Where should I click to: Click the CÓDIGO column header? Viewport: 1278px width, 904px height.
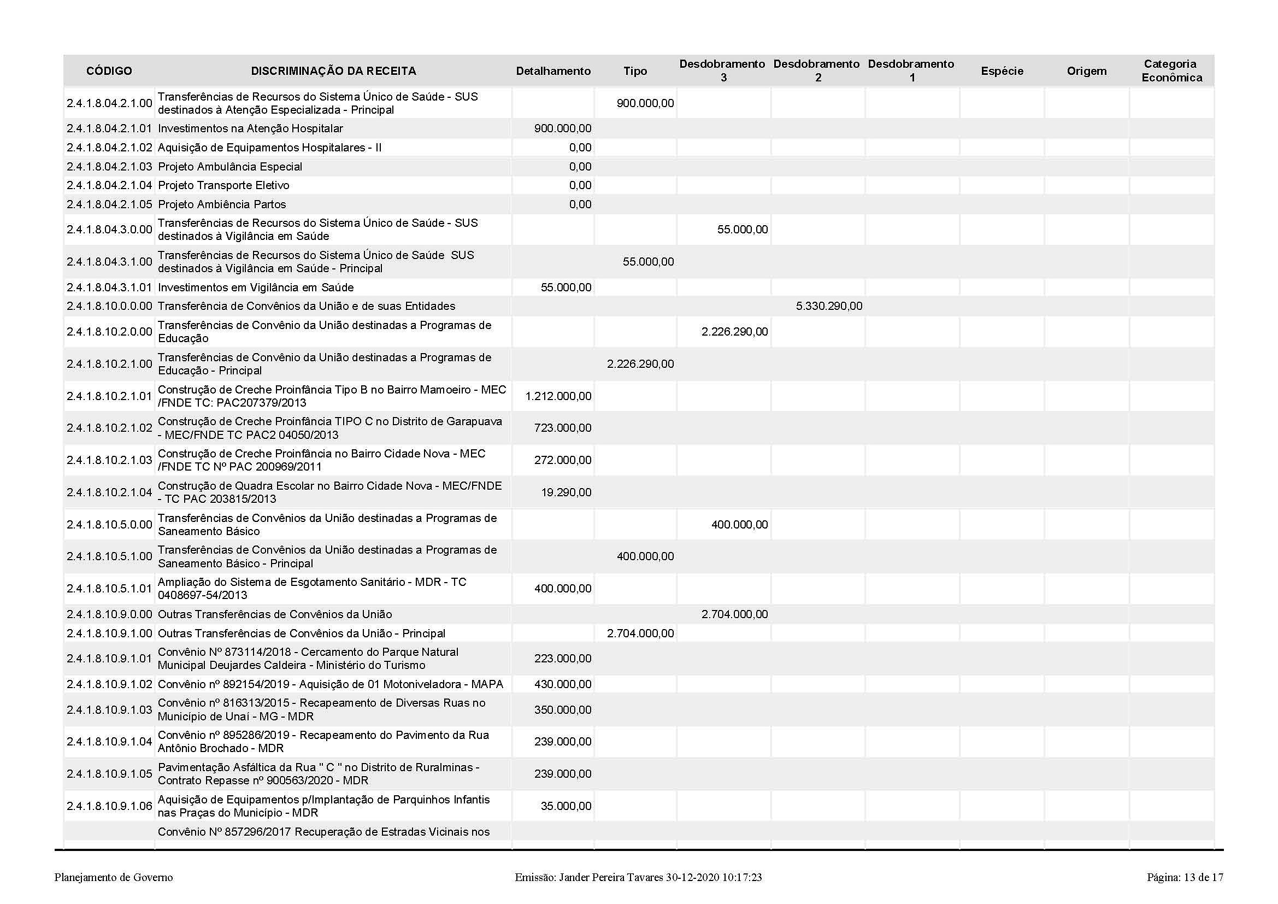coord(109,71)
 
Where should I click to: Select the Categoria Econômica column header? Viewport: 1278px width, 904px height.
coord(1171,71)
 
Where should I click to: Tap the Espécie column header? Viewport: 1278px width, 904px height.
coord(1002,71)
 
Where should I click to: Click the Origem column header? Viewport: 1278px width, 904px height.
coord(1087,71)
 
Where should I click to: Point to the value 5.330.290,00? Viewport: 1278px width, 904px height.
coord(829,306)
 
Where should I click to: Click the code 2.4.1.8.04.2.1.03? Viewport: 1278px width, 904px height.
coord(109,167)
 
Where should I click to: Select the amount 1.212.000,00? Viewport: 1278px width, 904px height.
coord(558,396)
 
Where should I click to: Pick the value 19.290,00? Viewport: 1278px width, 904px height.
coord(566,492)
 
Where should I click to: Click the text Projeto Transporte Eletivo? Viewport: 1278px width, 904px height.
coord(223,185)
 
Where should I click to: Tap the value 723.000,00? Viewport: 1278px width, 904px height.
coord(563,428)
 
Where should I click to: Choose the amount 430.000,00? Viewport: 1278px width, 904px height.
coord(563,684)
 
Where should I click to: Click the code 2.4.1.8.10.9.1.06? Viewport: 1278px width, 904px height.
coord(109,806)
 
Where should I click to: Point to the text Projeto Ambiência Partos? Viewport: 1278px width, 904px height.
coord(221,204)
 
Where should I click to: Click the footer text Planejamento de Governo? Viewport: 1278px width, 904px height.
coord(114,878)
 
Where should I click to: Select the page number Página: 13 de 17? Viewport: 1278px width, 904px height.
coord(1185,878)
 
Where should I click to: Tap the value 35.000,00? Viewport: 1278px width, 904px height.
coord(566,806)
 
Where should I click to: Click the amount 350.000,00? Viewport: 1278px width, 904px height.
coord(563,711)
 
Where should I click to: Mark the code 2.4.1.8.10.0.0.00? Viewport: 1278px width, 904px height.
coord(109,306)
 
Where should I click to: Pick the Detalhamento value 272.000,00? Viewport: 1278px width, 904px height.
coord(563,460)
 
